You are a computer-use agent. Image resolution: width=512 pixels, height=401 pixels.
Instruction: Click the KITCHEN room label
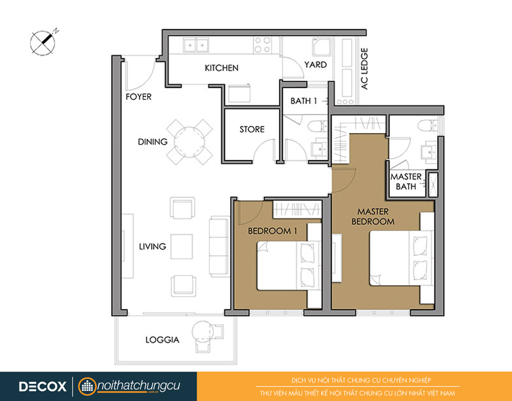point(221,68)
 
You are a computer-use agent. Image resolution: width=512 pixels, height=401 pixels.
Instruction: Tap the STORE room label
point(252,129)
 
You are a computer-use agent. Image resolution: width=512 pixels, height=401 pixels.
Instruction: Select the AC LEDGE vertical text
point(364,69)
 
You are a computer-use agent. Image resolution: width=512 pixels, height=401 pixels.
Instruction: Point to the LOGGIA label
point(163,340)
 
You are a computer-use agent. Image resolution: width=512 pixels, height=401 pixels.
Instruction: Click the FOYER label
point(138,97)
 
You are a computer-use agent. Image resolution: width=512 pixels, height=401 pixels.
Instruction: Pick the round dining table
point(189,142)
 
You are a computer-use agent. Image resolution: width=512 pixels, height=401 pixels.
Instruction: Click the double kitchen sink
point(196,45)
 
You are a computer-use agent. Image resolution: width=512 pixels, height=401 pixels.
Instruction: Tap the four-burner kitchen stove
point(262,45)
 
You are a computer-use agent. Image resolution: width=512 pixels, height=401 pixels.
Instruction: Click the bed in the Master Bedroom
point(401,258)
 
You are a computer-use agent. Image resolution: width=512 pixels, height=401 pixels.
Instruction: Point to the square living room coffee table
point(182,246)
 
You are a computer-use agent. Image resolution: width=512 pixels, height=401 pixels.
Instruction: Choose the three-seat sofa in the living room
point(219,247)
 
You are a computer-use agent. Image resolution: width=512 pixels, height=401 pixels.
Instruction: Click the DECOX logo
point(42,387)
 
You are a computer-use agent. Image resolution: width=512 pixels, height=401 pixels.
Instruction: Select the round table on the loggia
point(202,332)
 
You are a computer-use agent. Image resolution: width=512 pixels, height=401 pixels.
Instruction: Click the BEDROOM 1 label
point(273,231)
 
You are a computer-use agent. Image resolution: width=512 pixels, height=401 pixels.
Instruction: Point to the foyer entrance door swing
point(140,75)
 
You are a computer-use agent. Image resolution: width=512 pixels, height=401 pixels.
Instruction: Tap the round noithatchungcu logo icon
point(87,387)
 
